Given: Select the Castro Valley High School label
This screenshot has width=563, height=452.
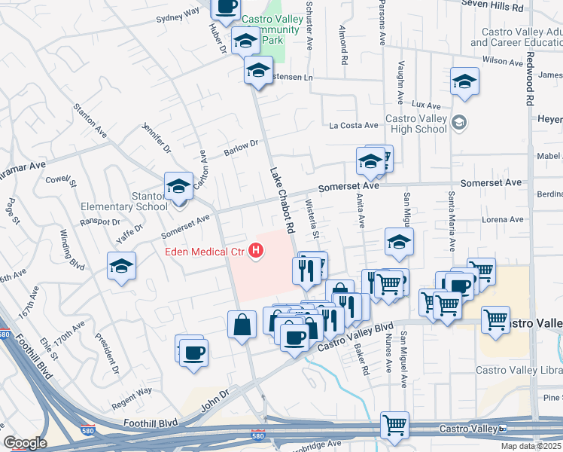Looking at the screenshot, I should tap(416, 124).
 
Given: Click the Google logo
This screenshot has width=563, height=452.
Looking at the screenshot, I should tap(25, 443).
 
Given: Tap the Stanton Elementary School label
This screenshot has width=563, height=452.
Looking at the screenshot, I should tap(150, 201).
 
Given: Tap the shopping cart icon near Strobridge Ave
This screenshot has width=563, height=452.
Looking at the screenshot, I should tap(394, 426).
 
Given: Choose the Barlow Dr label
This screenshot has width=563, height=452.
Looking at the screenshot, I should tap(241, 148).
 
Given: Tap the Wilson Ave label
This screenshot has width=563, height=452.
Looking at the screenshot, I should tap(503, 60).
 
